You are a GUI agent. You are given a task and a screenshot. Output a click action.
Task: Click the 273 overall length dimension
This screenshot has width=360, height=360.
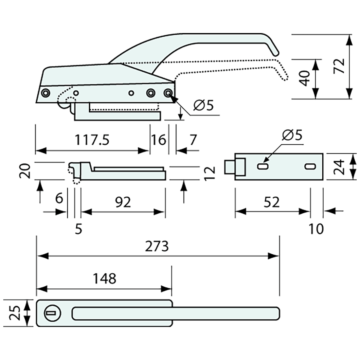158,246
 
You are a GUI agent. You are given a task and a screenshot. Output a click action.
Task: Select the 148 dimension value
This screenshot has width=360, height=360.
104,279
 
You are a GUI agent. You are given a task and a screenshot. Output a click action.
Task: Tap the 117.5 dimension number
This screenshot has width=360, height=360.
92,140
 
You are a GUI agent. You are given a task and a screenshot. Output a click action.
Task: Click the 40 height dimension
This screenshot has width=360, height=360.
305,79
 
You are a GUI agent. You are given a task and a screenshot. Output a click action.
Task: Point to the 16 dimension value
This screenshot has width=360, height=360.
159,140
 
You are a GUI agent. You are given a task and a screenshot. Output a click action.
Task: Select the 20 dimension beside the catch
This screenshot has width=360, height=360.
27,171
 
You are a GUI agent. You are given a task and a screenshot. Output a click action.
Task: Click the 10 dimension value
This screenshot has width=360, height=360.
316,229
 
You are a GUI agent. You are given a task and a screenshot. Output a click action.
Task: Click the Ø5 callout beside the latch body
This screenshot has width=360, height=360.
203,106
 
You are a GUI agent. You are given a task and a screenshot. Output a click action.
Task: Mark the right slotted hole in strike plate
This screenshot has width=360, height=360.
309,167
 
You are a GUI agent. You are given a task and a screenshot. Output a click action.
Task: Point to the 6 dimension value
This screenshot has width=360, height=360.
59,198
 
